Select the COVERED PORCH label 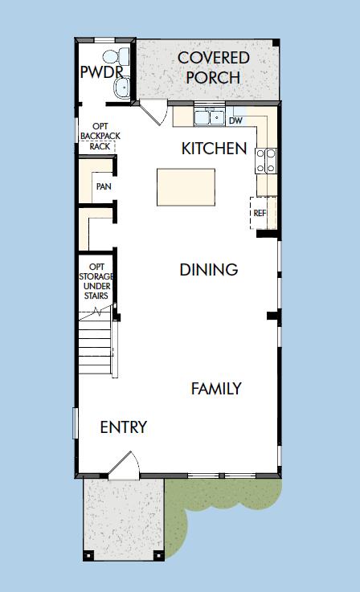213,67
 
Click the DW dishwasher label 235,120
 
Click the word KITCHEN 214,149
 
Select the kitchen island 186,187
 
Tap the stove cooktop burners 265,161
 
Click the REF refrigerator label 260,213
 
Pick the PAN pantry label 103,186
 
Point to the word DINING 209,270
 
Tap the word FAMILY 216,389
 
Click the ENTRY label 124,427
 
